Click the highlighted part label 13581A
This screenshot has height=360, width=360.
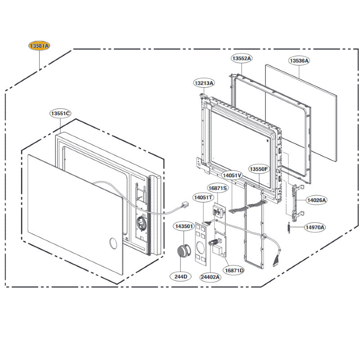(x=40, y=46)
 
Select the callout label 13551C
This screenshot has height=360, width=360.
(x=60, y=113)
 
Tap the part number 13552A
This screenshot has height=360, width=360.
(x=242, y=58)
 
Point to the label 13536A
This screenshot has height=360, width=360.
(x=299, y=60)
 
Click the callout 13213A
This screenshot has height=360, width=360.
(x=204, y=83)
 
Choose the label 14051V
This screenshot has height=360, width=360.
(x=232, y=175)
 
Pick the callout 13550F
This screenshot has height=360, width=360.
(x=259, y=169)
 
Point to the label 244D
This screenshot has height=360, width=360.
(x=181, y=277)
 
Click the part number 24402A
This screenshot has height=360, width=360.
(x=210, y=277)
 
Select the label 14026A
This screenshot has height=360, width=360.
(x=317, y=200)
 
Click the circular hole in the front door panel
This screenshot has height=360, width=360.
(x=111, y=244)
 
